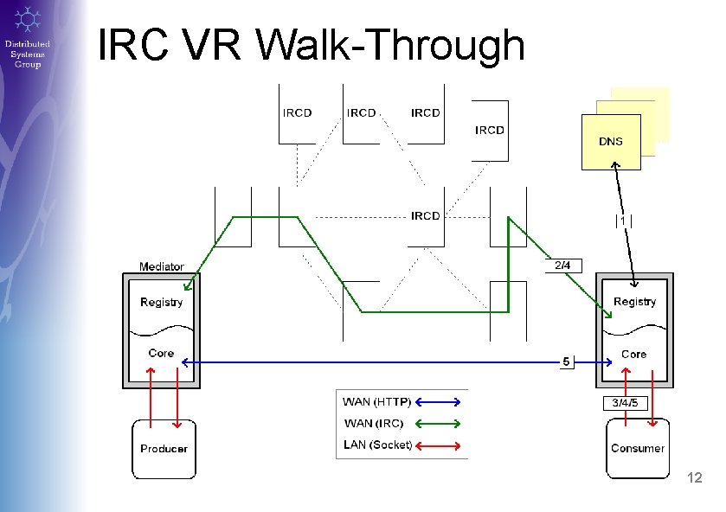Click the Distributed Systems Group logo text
(x=28, y=54)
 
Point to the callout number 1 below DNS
(x=623, y=221)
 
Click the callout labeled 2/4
(x=562, y=265)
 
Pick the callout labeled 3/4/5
(x=625, y=403)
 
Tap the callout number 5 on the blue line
(x=565, y=362)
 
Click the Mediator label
(x=162, y=266)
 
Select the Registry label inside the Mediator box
(x=162, y=302)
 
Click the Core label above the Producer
(x=161, y=353)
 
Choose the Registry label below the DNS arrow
(x=634, y=301)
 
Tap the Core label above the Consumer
(x=633, y=354)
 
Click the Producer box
(x=164, y=449)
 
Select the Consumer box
(x=638, y=448)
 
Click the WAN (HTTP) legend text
(x=376, y=401)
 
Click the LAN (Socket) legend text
(x=377, y=445)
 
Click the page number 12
(x=694, y=478)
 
